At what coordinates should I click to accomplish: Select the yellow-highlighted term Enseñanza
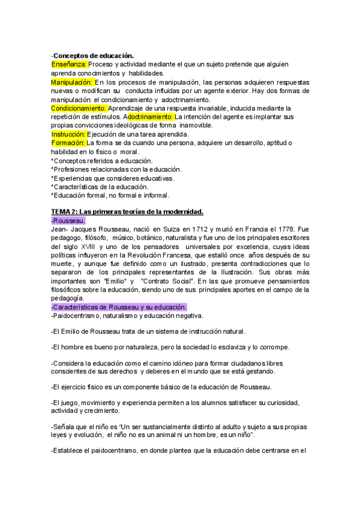pyautogui.click(x=70, y=64)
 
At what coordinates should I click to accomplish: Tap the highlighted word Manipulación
pyautogui.click(x=73, y=82)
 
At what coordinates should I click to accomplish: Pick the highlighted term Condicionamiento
pyautogui.click(x=79, y=108)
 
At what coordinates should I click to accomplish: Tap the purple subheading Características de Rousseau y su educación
pyautogui.click(x=127, y=307)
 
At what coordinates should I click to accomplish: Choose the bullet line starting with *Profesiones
pyautogui.click(x=116, y=169)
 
